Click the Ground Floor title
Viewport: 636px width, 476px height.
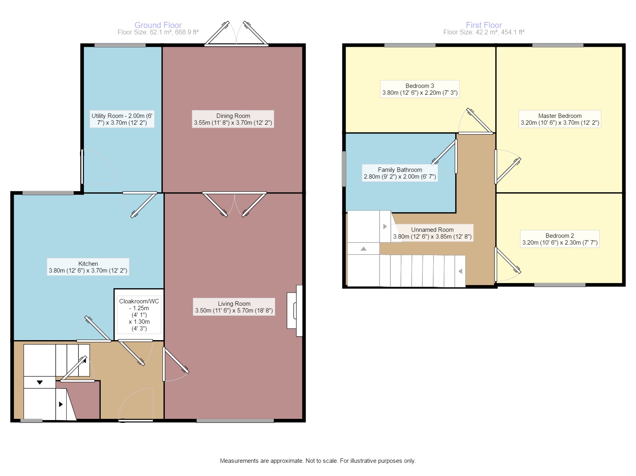coord(158,25)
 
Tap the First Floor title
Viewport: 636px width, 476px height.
coord(484,25)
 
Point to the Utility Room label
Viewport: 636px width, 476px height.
coord(122,119)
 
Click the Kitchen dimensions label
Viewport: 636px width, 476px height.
coord(88,271)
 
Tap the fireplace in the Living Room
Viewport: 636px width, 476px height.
coord(295,311)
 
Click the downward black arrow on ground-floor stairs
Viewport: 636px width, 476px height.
coord(40,382)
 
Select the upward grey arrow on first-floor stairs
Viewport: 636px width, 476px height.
coord(364,249)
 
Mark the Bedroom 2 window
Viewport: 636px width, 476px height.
coord(560,285)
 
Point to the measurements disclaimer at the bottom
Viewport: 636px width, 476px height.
coord(318,461)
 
